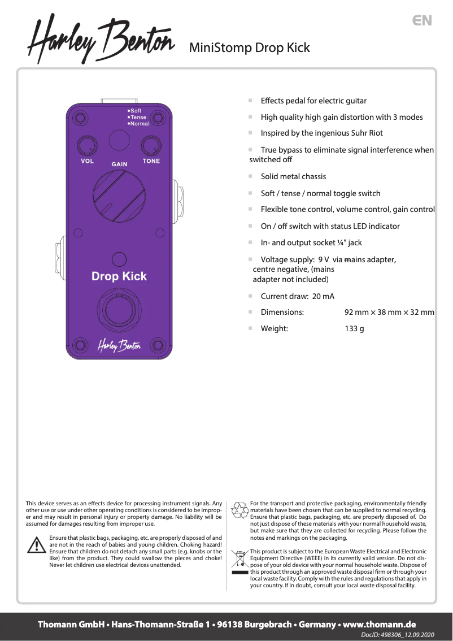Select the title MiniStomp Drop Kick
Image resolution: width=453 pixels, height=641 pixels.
(x=249, y=47)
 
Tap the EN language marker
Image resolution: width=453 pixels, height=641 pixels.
(x=422, y=21)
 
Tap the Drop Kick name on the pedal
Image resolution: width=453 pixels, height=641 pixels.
(x=119, y=276)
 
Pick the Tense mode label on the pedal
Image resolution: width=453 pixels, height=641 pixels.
(x=138, y=117)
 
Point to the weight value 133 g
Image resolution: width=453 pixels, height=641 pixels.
(x=354, y=328)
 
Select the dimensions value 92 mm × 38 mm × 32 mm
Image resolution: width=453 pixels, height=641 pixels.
(x=389, y=312)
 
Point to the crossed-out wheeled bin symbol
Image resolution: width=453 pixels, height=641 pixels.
(x=240, y=559)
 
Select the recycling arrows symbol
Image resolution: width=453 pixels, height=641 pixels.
(x=241, y=509)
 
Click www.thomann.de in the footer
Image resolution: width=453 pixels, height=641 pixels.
(x=380, y=624)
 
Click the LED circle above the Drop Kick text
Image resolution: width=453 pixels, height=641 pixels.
(x=119, y=259)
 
